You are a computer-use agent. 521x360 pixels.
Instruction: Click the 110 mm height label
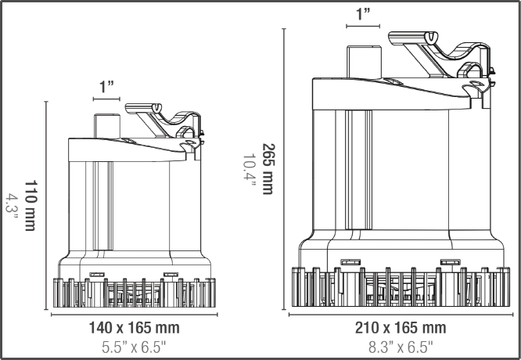coord(31,205)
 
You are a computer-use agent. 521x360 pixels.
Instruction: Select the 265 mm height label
coord(268,168)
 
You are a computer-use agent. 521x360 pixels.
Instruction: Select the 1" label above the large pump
coord(363,14)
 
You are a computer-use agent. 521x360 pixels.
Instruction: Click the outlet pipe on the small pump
coord(106,126)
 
